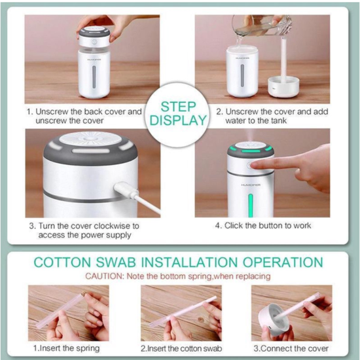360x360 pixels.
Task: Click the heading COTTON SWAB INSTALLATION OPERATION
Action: (178, 262)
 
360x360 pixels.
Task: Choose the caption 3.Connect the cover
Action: (291, 348)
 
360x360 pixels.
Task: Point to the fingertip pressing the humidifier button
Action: (257, 166)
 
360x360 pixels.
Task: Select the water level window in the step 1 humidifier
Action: (92, 79)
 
